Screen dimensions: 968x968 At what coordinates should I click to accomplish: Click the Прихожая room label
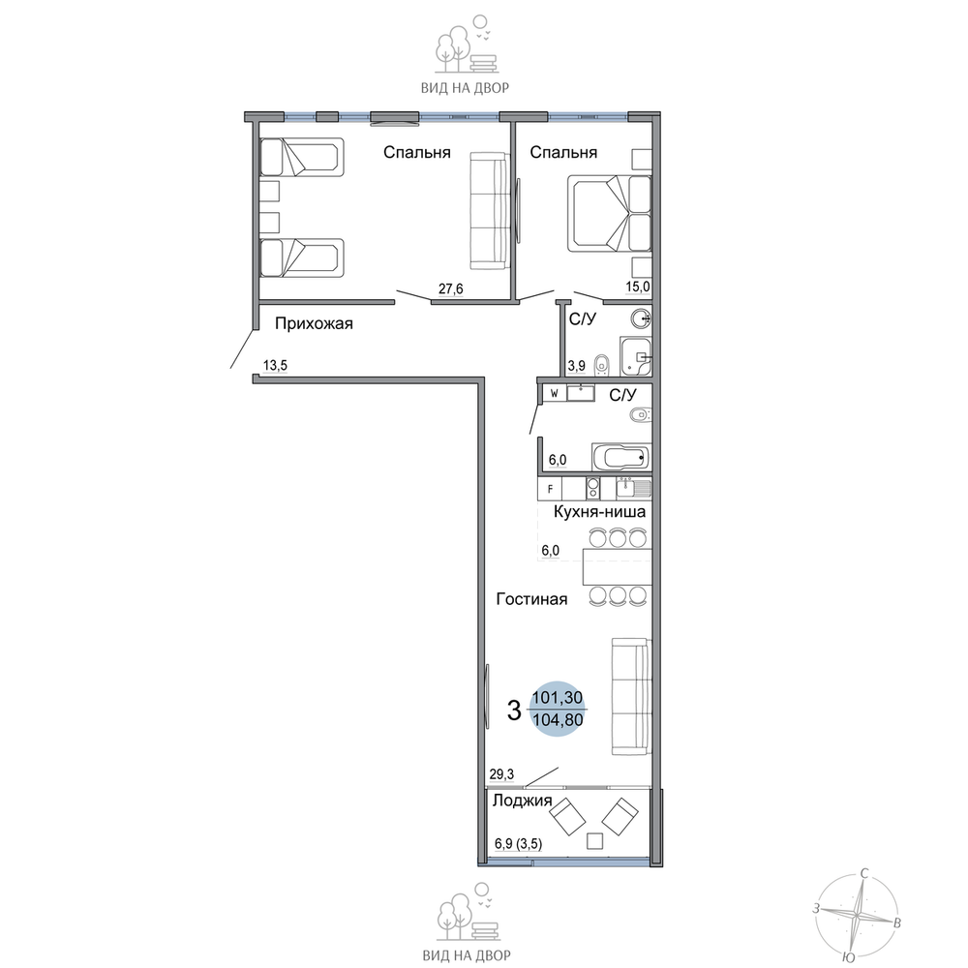click(314, 323)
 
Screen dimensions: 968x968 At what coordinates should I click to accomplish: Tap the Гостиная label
click(531, 599)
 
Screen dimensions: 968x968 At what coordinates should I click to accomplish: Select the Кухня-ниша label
click(599, 512)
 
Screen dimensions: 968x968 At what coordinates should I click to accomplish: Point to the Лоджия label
click(522, 801)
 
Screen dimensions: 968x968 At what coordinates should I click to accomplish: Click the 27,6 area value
click(451, 288)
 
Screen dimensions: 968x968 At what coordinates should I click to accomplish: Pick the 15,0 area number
click(638, 287)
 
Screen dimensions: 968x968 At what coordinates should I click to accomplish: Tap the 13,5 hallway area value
click(275, 366)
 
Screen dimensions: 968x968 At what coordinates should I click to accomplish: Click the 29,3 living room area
click(501, 774)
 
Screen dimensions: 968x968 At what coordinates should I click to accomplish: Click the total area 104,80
click(558, 719)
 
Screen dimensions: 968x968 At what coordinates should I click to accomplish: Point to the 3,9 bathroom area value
click(577, 366)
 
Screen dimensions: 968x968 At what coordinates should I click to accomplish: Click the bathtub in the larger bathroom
click(621, 458)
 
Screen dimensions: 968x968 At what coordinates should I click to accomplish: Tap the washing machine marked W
click(554, 393)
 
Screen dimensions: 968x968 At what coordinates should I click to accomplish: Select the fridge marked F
click(550, 490)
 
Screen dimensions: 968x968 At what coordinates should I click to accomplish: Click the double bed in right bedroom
click(609, 214)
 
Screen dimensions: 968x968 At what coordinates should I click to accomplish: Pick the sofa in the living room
click(631, 696)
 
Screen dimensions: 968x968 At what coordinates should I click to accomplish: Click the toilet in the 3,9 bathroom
click(602, 365)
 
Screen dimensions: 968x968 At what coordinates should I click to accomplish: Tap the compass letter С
click(864, 874)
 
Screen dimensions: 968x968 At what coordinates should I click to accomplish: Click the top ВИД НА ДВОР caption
click(465, 88)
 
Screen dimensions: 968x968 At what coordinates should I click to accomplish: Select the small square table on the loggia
click(594, 841)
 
